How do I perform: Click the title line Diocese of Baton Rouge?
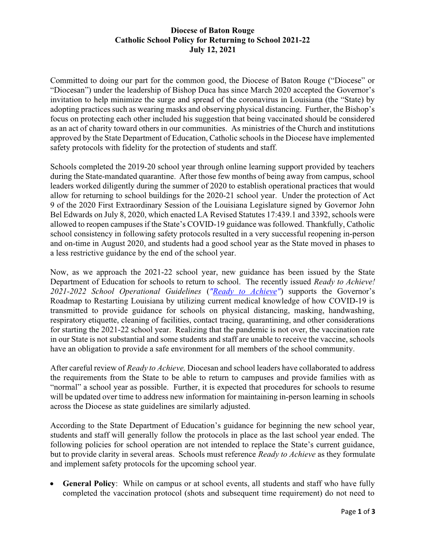click(212, 30)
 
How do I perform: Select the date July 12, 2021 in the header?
click(212, 50)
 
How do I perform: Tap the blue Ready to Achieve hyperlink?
click(244, 292)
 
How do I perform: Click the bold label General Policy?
click(89, 484)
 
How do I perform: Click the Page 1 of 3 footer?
click(358, 512)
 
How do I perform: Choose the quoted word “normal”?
click(66, 387)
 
